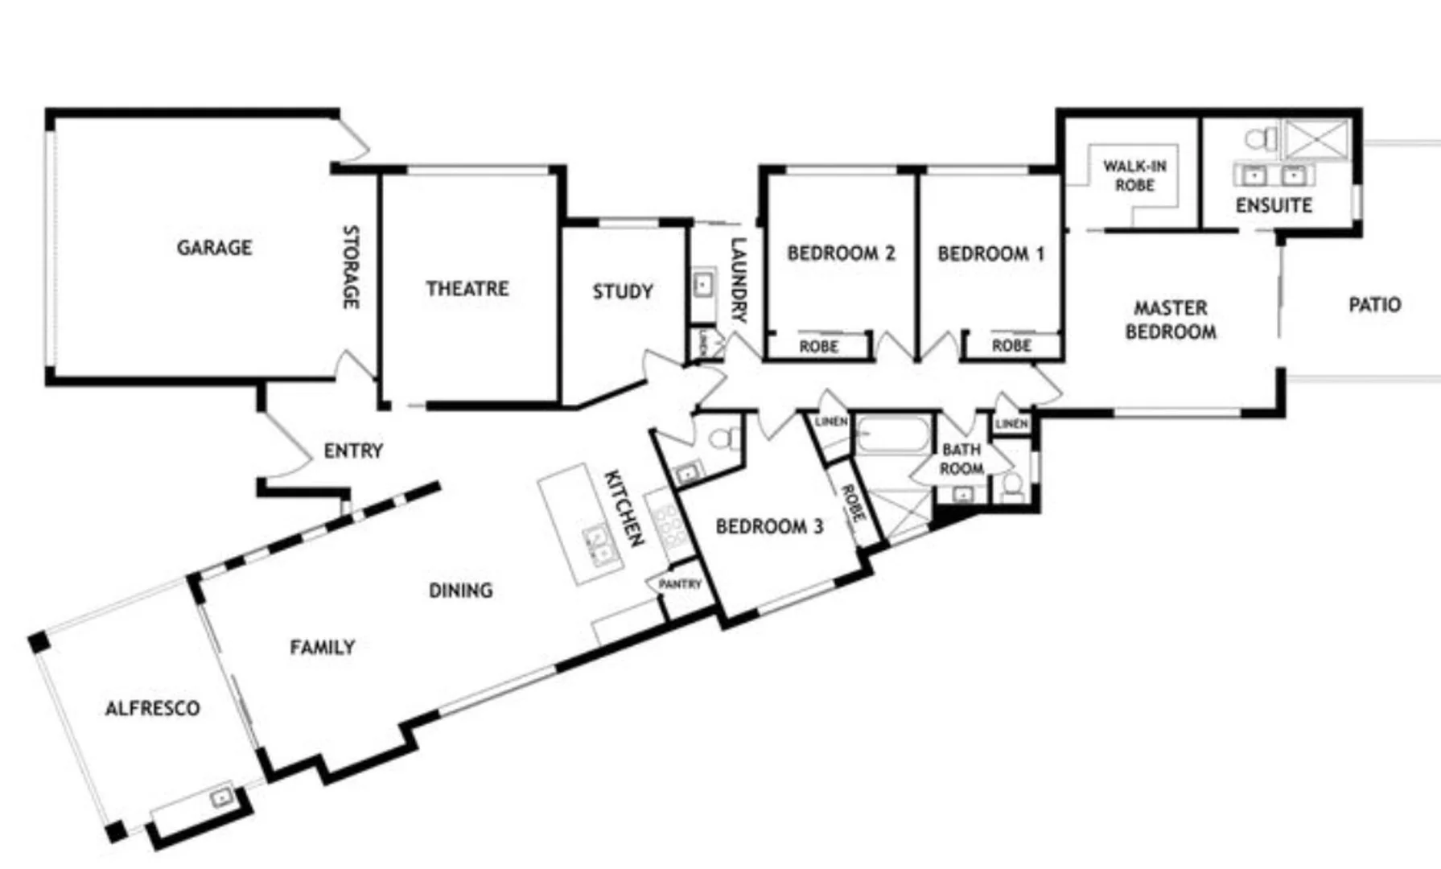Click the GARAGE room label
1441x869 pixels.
pyautogui.click(x=214, y=247)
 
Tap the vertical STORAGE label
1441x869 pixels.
pyautogui.click(x=351, y=266)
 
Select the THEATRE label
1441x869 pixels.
pyautogui.click(x=467, y=288)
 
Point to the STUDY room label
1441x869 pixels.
pyautogui.click(x=622, y=291)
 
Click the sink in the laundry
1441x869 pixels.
pyautogui.click(x=703, y=285)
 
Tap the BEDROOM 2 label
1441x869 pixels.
pyautogui.click(x=841, y=253)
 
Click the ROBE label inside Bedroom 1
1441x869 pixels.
pyautogui.click(x=1011, y=345)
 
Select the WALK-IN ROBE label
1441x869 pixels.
pyautogui.click(x=1134, y=175)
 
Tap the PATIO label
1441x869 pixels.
pyautogui.click(x=1374, y=305)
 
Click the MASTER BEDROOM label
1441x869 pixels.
pyautogui.click(x=1171, y=319)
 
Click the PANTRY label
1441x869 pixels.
pyautogui.click(x=680, y=584)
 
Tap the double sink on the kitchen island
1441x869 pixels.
pyautogui.click(x=596, y=543)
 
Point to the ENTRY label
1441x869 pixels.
pyautogui.click(x=353, y=451)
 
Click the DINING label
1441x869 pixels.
pyautogui.click(x=460, y=591)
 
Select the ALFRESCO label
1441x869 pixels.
pyautogui.click(x=152, y=708)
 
